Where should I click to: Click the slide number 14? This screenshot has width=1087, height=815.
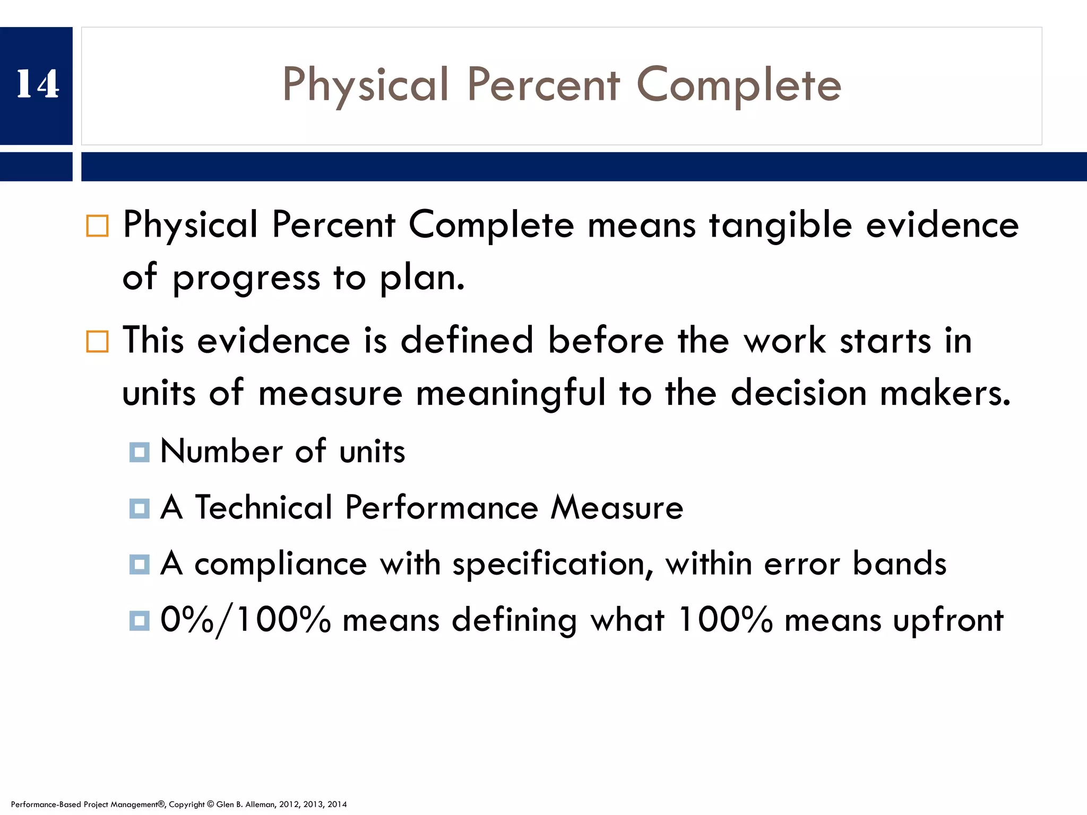(x=37, y=84)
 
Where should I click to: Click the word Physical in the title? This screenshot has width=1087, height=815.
(x=366, y=85)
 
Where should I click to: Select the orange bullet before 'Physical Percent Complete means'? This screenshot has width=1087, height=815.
(x=97, y=226)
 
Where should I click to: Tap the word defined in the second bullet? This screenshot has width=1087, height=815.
(x=467, y=341)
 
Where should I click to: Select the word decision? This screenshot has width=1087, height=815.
(x=798, y=393)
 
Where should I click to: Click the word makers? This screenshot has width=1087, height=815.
(x=944, y=393)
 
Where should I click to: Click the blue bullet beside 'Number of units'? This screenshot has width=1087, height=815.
(x=140, y=452)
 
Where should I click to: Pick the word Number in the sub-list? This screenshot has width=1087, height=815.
(x=222, y=452)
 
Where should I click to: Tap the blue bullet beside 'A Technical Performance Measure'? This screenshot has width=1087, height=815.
(x=140, y=508)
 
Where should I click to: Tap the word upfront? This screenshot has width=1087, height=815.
(x=948, y=621)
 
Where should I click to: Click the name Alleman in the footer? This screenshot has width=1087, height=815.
(x=260, y=804)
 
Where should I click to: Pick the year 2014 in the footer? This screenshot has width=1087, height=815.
(x=337, y=804)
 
